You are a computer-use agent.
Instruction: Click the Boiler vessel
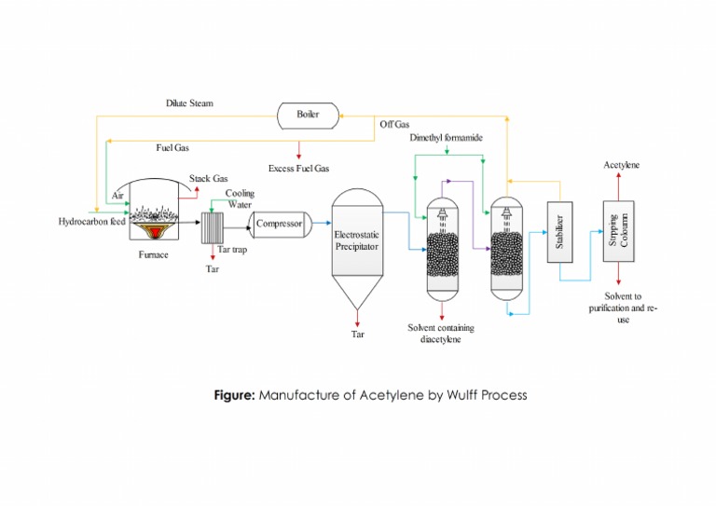308,114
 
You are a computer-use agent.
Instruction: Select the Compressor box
279,225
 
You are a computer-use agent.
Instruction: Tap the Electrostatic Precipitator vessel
358,242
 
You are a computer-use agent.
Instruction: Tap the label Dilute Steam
189,103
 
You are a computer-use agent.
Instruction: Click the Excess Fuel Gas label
298,169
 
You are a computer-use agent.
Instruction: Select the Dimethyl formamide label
447,138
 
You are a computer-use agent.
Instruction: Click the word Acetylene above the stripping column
621,165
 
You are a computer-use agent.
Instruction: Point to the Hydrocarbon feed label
91,222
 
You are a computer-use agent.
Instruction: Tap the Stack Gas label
209,178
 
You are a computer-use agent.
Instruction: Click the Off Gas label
394,124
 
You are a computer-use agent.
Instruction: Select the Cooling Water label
240,198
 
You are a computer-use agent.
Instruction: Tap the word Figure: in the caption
234,394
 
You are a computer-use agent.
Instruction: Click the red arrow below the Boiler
298,147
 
